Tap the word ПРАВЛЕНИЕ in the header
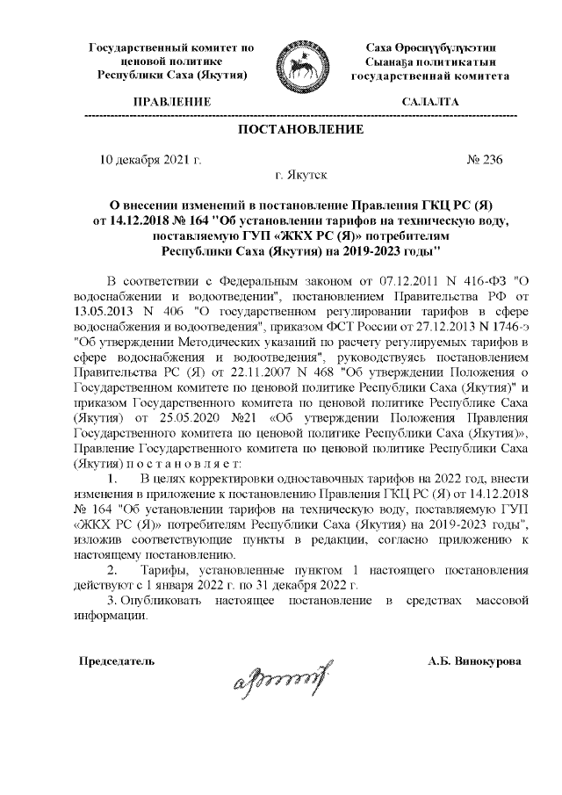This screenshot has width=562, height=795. (171, 103)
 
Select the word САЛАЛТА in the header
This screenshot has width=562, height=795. (429, 103)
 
